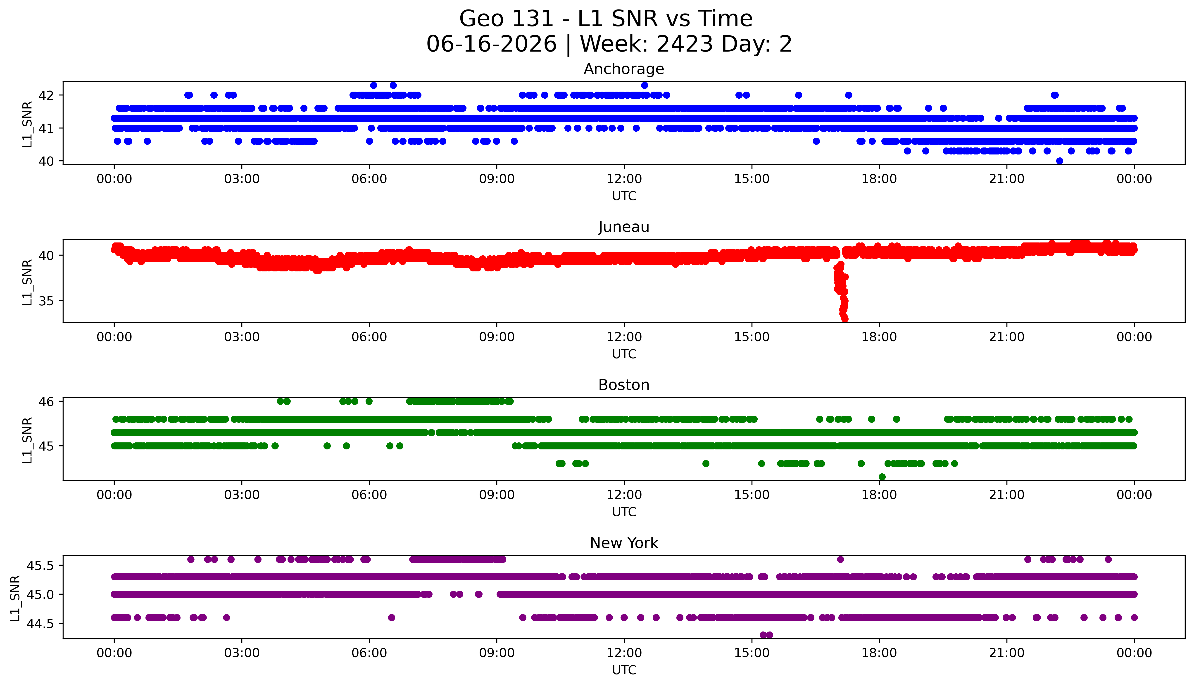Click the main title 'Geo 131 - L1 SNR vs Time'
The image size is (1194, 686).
pos(605,19)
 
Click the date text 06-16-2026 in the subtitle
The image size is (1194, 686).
pos(491,44)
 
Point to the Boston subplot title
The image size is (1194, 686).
pos(624,385)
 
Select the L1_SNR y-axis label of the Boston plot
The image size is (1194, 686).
pos(27,440)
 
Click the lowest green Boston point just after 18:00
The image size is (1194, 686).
pos(882,477)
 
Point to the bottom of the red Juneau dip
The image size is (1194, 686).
pos(845,319)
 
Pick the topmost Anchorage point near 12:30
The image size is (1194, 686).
pos(645,85)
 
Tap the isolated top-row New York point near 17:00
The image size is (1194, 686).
pos(840,559)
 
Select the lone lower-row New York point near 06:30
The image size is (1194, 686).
pos(391,617)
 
